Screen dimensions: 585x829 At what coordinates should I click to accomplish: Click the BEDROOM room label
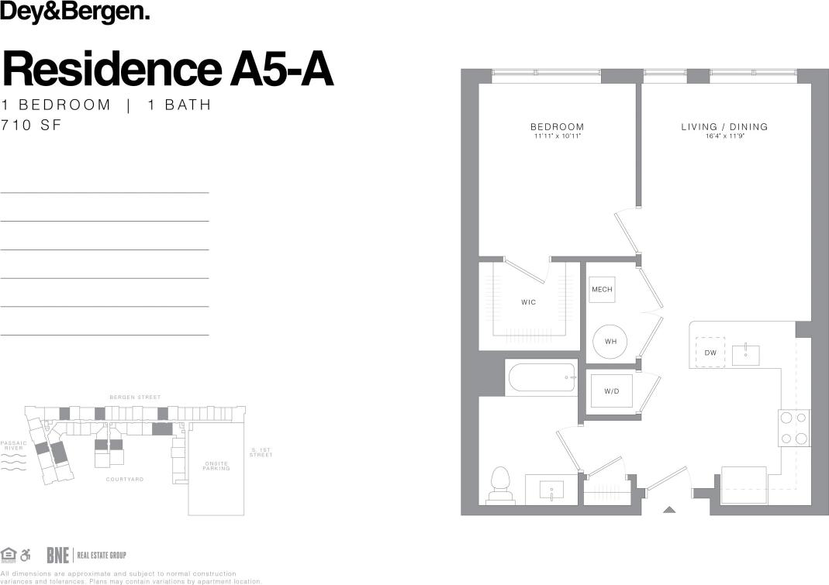click(557, 127)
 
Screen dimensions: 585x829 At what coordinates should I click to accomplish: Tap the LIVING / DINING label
click(724, 127)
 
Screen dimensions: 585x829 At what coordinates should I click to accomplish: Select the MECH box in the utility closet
click(602, 290)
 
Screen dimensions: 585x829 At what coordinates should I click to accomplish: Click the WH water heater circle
click(610, 341)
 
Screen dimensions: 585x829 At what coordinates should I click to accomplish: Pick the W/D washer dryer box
click(612, 391)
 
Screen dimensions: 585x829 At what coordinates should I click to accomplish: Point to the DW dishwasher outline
click(710, 353)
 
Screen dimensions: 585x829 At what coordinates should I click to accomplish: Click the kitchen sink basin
click(745, 355)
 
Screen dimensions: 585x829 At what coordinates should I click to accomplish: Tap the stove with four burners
click(793, 428)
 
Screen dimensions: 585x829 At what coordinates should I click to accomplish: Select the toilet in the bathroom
click(500, 487)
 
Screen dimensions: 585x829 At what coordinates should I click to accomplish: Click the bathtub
click(541, 377)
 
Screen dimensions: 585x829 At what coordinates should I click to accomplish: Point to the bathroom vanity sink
click(551, 490)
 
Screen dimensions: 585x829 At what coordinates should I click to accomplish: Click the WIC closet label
click(528, 302)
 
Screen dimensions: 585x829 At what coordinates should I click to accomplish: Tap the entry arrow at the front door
click(669, 509)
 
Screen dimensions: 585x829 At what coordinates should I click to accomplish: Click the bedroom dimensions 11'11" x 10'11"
click(557, 136)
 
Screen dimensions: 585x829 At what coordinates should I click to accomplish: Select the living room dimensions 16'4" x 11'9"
click(724, 136)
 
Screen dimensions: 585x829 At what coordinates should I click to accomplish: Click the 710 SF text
click(30, 124)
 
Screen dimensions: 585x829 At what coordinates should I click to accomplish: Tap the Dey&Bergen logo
click(75, 12)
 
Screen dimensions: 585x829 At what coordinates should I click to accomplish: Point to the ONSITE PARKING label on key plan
click(216, 466)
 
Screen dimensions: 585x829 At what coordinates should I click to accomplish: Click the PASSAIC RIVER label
click(14, 446)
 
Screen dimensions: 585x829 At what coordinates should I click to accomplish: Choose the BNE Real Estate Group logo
click(85, 555)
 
